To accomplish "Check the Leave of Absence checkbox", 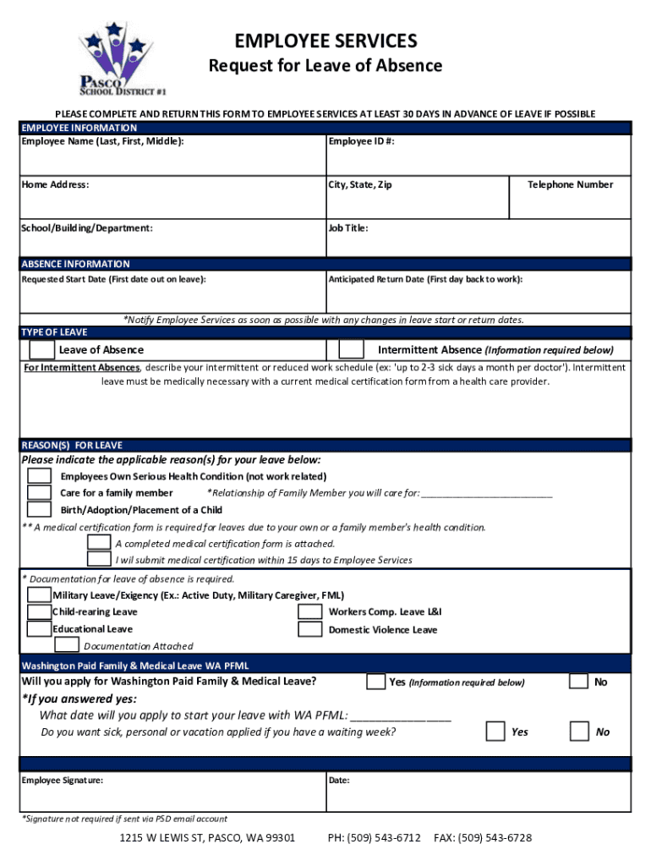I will tap(41, 349).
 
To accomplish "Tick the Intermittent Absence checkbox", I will tap(351, 349).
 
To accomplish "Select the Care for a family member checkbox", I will tap(39, 493).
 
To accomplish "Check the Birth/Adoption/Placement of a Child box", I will tap(39, 510).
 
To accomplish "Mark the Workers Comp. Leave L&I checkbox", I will tap(310, 611).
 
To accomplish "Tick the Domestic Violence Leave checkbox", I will tap(310, 629).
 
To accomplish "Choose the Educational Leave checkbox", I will tap(39, 629).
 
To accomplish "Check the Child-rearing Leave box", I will tap(39, 611).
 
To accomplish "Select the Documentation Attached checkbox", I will tap(68, 645).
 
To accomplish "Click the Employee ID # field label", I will tap(361, 141).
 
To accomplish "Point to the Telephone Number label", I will tap(570, 184).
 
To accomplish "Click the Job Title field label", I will tap(348, 227).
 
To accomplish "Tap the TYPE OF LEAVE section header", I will tap(54, 332).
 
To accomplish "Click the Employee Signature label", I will tap(63, 780).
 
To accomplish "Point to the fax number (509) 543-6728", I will tap(483, 838).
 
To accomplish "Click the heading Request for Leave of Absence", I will tap(325, 66).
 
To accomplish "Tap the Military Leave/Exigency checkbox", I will tap(39, 595).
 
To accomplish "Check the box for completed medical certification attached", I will tap(99, 543).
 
